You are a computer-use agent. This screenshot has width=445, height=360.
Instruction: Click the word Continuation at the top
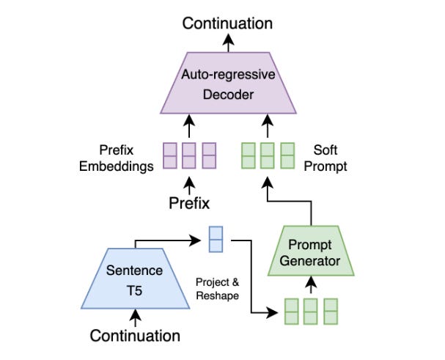(x=227, y=23)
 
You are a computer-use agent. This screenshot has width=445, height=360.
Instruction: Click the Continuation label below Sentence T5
(x=135, y=336)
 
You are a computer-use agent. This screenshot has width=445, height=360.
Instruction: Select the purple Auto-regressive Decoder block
(x=227, y=84)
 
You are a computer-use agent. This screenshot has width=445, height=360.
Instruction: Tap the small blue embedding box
(x=216, y=238)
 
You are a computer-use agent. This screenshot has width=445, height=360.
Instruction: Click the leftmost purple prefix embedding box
(x=170, y=156)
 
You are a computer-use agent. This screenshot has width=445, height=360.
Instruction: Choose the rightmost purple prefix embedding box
(x=209, y=156)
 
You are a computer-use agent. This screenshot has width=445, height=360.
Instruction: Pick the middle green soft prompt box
(x=268, y=156)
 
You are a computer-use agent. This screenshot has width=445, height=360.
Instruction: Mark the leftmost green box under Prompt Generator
(x=292, y=311)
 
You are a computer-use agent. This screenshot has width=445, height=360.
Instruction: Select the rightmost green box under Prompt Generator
(x=331, y=311)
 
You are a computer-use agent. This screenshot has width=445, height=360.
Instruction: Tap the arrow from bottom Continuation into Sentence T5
(x=135, y=317)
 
